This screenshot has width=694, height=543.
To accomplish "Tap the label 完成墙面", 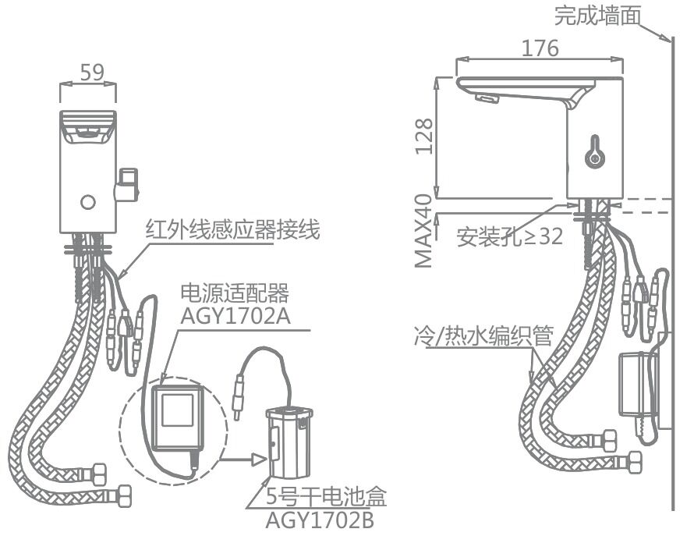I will [x=598, y=16].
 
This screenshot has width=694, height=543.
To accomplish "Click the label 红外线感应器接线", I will [x=232, y=231].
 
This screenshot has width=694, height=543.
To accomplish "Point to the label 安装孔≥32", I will [x=510, y=237].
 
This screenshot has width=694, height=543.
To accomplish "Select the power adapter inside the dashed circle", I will [x=176, y=417].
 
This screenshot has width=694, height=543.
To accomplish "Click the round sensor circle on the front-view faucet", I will [x=89, y=204].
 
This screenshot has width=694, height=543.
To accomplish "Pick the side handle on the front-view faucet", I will [x=126, y=182].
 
